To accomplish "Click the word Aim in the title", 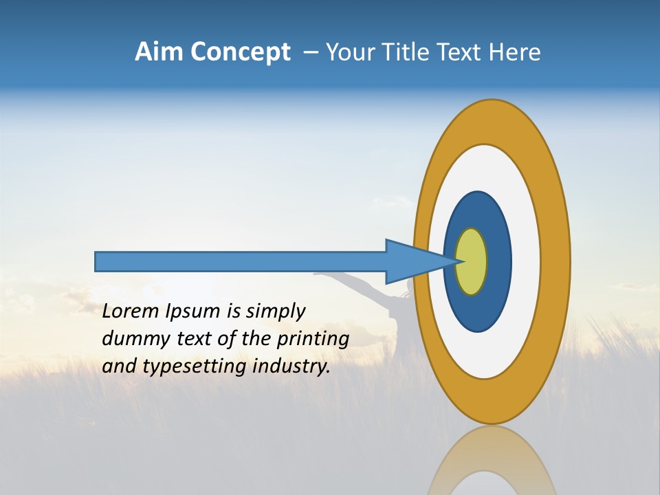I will tap(159, 52).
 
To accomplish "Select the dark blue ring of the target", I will tap(498, 262).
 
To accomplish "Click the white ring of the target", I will tap(526, 262).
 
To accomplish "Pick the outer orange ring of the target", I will tap(555, 262).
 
